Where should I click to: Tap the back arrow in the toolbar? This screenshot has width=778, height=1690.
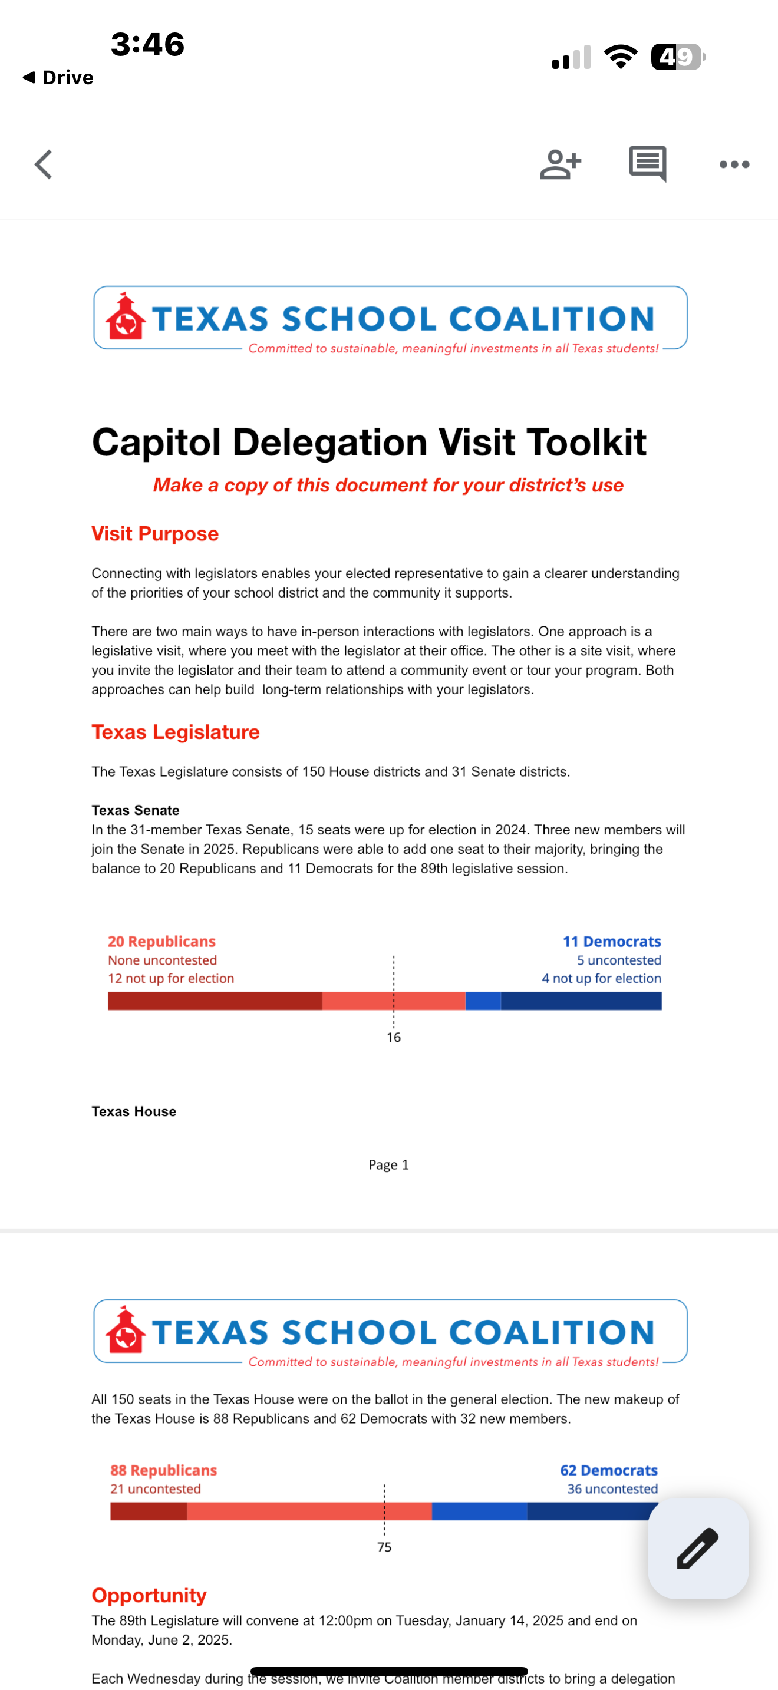point(43,164)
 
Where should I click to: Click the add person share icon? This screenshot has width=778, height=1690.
point(560,164)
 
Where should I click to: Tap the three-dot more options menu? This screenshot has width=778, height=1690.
point(734,164)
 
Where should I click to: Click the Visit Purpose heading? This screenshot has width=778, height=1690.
point(155,534)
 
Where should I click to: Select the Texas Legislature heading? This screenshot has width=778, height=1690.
point(175,732)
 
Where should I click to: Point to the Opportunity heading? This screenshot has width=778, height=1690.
point(149,1595)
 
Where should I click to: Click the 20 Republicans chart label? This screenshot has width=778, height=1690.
point(161,942)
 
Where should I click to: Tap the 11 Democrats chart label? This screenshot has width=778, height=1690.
point(611,942)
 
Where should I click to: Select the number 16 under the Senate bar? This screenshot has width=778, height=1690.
point(394,1037)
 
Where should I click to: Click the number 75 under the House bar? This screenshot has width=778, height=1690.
point(384,1547)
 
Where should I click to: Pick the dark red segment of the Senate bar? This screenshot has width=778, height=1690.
point(215,1001)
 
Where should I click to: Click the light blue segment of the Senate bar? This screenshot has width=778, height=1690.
point(483,1001)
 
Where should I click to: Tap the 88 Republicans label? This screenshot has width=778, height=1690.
point(163,1470)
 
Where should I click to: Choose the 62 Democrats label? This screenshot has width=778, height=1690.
point(608,1470)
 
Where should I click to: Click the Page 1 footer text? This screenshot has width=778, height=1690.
point(388,1164)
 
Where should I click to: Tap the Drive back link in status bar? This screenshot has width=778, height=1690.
point(58,77)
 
